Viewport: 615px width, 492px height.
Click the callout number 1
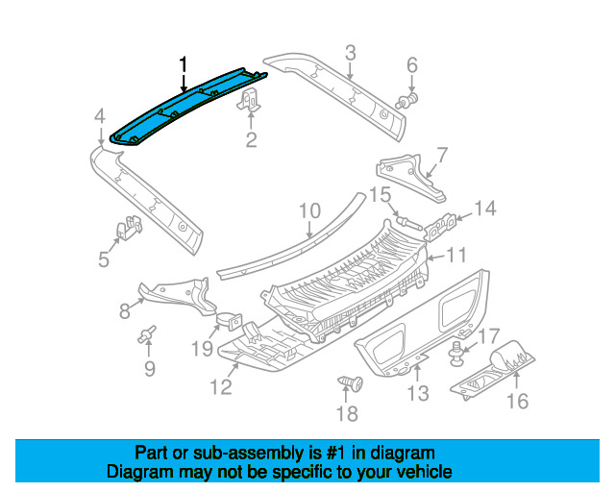click(184, 64)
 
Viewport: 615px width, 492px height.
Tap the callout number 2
click(251, 143)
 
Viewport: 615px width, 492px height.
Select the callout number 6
click(412, 65)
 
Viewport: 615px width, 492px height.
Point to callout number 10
click(308, 209)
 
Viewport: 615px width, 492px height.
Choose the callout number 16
click(517, 401)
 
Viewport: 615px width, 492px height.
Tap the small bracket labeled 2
click(251, 100)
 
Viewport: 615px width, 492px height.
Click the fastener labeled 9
click(148, 335)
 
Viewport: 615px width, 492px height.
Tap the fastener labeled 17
click(456, 357)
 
